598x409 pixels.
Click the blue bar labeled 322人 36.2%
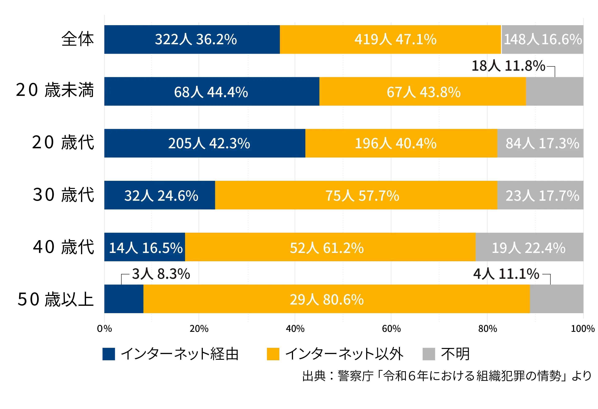192,39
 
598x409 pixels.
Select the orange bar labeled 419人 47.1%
390,39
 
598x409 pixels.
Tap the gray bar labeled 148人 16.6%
542,39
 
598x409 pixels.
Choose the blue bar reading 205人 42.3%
205,143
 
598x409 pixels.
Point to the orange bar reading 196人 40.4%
401,143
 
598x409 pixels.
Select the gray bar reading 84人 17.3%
540,143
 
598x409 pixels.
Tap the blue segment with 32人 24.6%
160,195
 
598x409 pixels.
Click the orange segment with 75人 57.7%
356,195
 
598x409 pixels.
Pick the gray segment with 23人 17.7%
540,195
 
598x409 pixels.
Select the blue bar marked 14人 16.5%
145,247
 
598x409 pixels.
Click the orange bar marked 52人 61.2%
330,247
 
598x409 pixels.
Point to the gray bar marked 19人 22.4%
529,247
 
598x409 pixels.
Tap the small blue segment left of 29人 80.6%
124,299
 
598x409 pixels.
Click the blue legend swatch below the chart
112,355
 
